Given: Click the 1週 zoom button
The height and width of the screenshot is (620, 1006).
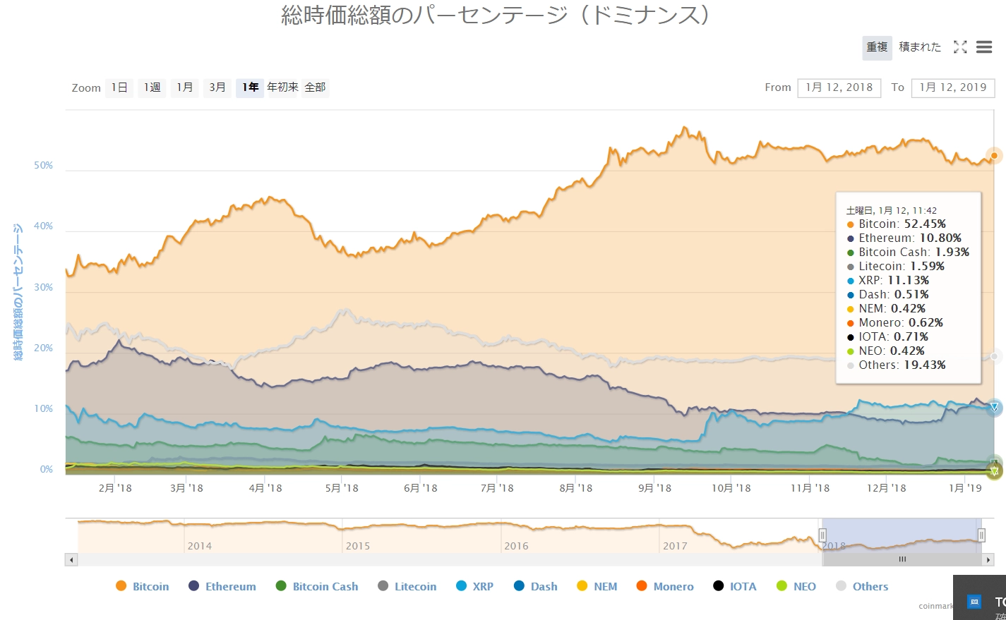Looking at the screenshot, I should pos(152,87).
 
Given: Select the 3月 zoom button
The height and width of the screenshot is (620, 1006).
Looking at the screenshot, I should pos(217,87).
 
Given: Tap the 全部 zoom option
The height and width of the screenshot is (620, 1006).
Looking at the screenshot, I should pos(315,87).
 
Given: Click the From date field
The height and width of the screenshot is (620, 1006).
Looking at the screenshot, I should pos(839,87).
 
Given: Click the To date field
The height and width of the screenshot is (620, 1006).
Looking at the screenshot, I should pos(952,87).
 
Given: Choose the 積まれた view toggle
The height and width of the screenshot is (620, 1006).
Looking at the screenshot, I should pos(920,47).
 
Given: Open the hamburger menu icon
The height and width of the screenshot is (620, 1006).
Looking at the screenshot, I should pos(984,47).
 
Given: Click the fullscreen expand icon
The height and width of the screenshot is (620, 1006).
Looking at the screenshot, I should pos(960,47).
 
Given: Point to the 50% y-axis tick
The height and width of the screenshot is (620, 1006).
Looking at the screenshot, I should pos(44,166).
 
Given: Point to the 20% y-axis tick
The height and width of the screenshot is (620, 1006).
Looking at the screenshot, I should pos(44,348).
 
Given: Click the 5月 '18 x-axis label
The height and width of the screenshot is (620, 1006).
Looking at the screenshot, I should pos(342,488).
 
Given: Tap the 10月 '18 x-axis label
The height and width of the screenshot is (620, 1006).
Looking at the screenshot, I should pos(731,488).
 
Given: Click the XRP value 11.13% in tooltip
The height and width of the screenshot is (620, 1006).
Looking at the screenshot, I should pos(908,280).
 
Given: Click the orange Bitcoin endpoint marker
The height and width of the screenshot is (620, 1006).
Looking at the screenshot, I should pos(994,156).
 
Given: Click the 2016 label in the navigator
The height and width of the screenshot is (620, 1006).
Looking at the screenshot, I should pos(516,546).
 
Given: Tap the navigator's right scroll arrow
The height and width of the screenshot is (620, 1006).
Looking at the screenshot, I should pos(988,559).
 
